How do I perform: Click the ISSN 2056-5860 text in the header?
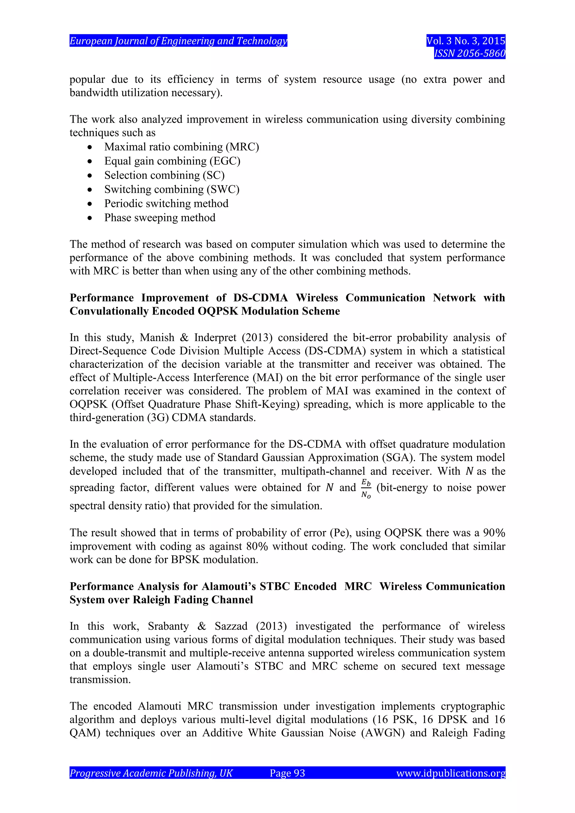pyautogui.click(x=469, y=53)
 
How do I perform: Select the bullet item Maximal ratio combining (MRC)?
pyautogui.click(x=181, y=147)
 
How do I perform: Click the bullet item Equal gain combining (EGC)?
pyautogui.click(x=172, y=161)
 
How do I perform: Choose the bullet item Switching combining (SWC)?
pyautogui.click(x=172, y=189)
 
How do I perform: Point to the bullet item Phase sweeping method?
pyautogui.click(x=160, y=218)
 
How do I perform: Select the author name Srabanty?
pyautogui.click(x=168, y=626)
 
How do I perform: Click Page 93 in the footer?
pyautogui.click(x=287, y=773)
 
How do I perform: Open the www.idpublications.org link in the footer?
pyautogui.click(x=450, y=773)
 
